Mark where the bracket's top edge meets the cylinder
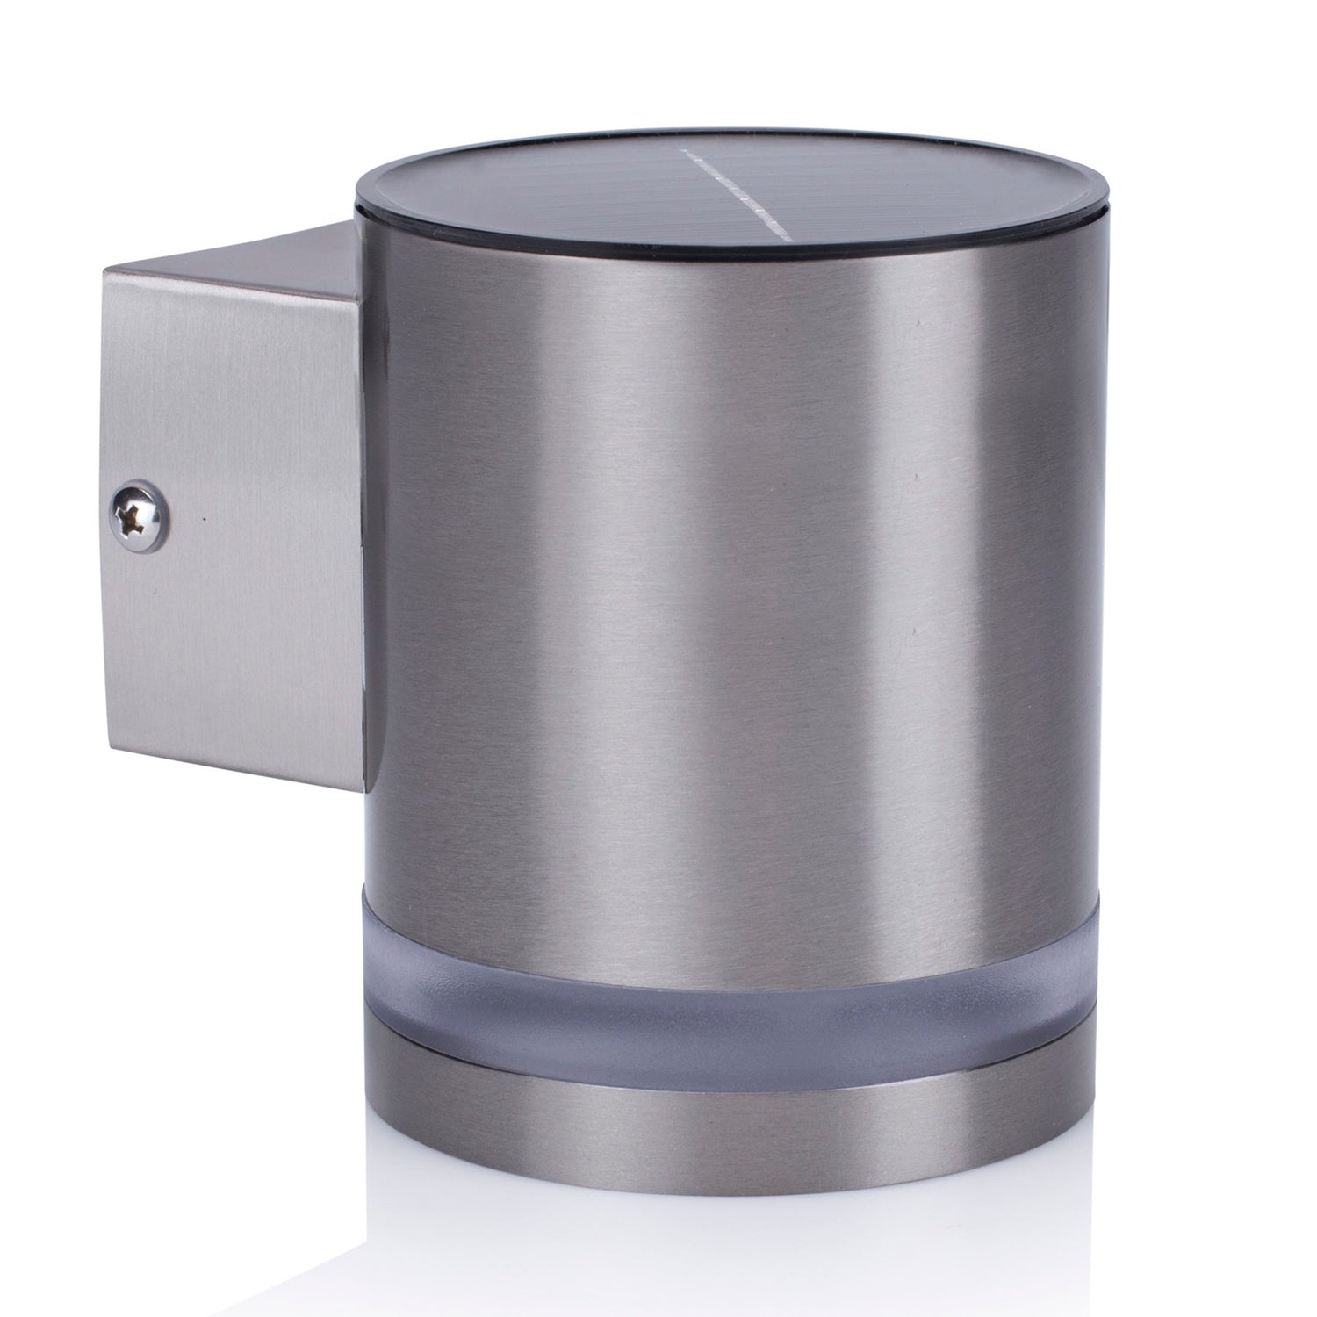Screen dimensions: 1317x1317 356,223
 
